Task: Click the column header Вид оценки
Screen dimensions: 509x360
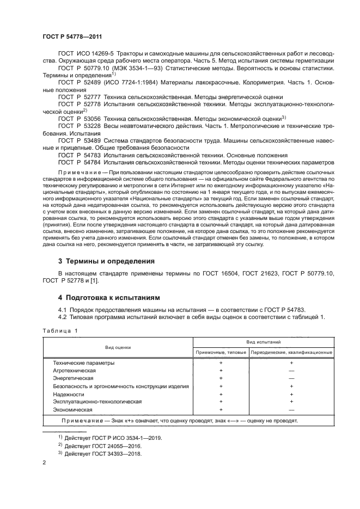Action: point(116,348)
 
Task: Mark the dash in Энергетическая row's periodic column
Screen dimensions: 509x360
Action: point(291,378)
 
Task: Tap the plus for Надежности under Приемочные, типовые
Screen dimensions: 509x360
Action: point(221,394)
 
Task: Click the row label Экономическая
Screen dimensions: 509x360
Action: point(73,409)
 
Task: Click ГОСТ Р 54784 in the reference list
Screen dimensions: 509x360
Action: point(76,162)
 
